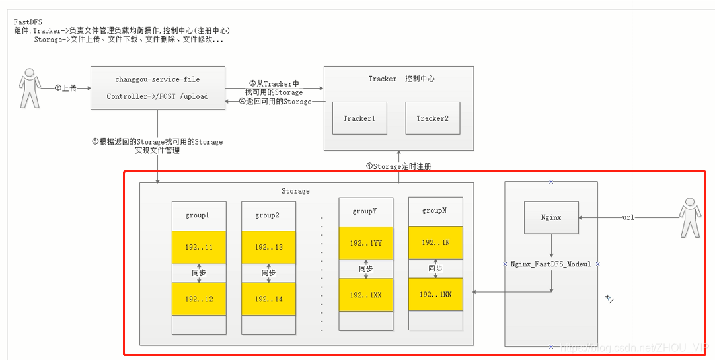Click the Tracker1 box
coord(359,118)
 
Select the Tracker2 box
coord(432,118)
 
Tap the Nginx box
coord(551,217)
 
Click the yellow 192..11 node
coord(199,247)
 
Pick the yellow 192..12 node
coord(199,299)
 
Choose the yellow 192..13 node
coord(268,247)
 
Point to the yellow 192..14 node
coord(268,299)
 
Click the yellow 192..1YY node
coord(365,243)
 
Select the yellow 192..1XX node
coord(365,295)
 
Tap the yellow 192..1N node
coord(435,242)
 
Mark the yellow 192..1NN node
coord(435,295)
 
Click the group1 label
coord(199,215)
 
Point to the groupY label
coord(365,211)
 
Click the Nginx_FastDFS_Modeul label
coord(551,264)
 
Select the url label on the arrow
coord(628,217)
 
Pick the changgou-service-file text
coord(157,79)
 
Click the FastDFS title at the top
coord(28,22)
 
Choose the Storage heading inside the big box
coord(295,191)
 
